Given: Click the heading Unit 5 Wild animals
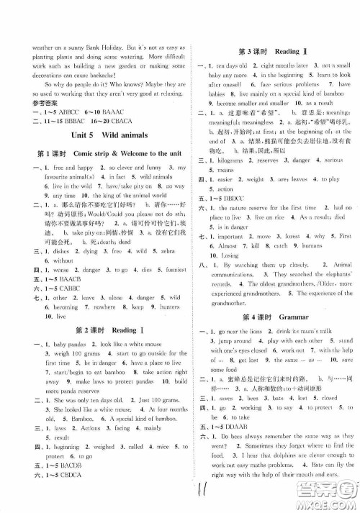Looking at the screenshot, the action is [x=99, y=135].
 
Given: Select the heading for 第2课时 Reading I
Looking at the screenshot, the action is [x=100, y=330].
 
